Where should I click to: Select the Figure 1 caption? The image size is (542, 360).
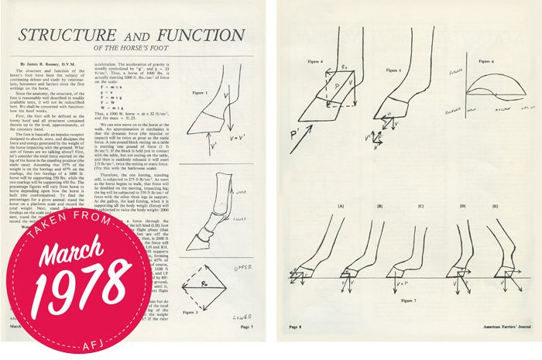(200, 91)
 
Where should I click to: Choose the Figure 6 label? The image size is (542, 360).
(485, 60)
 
